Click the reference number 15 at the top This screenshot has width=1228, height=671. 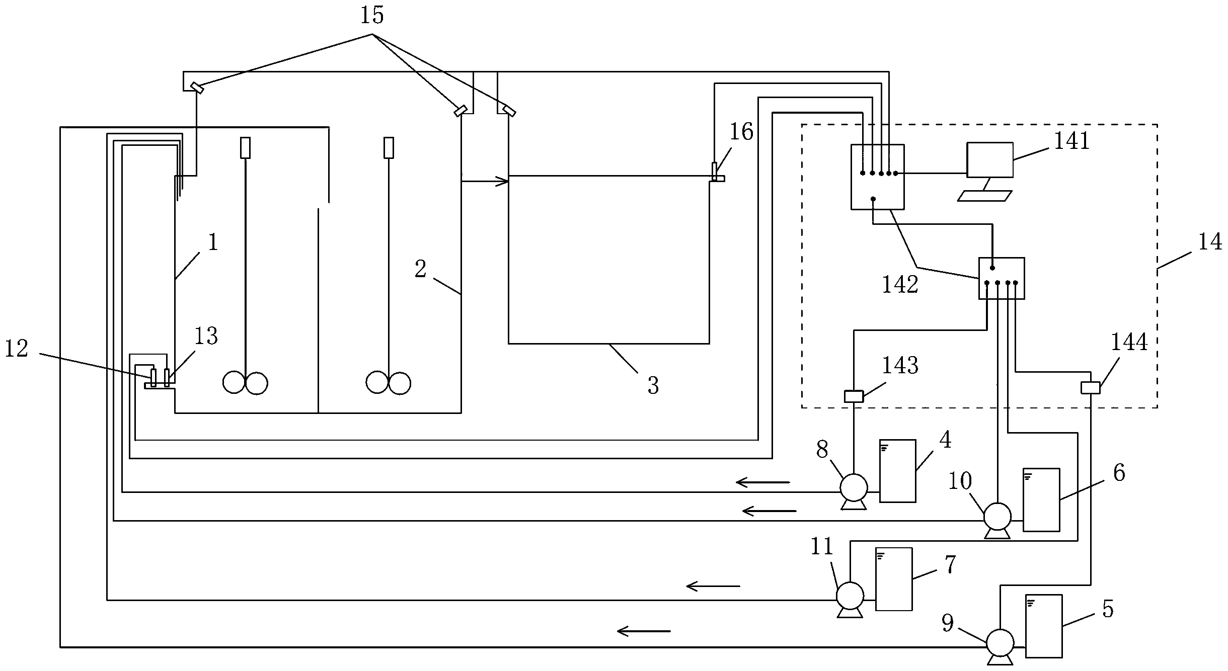click(372, 16)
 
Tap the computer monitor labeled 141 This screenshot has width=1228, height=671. click(990, 160)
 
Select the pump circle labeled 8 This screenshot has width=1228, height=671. click(854, 487)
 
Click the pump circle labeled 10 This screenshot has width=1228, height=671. click(997, 516)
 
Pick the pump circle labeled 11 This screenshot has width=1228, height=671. click(850, 596)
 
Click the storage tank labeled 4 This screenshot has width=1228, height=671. click(898, 471)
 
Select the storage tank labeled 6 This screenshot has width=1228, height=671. click(1041, 499)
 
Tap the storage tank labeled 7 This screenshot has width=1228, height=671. click(894, 579)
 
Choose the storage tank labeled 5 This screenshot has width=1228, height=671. click(1044, 626)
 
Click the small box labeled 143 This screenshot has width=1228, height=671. click(854, 396)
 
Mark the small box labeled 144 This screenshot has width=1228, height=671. click(1091, 388)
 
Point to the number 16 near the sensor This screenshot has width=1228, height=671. click(741, 132)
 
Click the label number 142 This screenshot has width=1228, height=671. click(900, 285)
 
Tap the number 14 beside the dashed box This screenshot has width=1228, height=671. click(1210, 242)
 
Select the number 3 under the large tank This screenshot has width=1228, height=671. click(653, 386)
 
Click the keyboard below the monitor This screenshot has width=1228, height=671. click(984, 196)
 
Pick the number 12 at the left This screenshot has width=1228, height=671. click(17, 349)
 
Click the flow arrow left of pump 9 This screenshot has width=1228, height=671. click(644, 631)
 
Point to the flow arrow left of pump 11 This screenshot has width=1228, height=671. click(713, 586)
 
